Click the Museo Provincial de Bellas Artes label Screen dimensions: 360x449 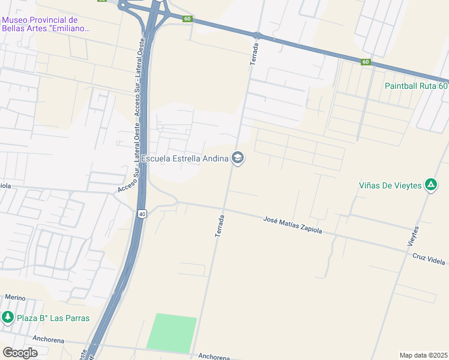click(x=45, y=24)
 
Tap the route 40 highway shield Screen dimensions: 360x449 click(x=142, y=214)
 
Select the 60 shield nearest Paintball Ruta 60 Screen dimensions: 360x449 click(x=366, y=62)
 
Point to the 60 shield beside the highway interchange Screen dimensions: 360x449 click(x=188, y=19)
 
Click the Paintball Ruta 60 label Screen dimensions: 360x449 click(x=416, y=85)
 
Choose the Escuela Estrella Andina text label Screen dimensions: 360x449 click(x=184, y=158)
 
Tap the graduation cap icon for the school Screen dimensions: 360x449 click(x=237, y=158)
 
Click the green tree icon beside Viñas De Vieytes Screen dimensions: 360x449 click(x=430, y=185)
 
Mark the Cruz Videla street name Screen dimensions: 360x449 click(x=429, y=259)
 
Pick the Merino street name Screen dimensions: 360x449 click(x=15, y=297)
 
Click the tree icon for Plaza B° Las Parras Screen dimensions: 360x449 click(x=7, y=317)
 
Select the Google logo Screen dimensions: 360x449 click(x=20, y=353)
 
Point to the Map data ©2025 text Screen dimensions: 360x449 click(x=423, y=355)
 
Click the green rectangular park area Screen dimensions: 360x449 click(x=172, y=334)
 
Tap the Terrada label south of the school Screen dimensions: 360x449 click(x=219, y=226)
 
